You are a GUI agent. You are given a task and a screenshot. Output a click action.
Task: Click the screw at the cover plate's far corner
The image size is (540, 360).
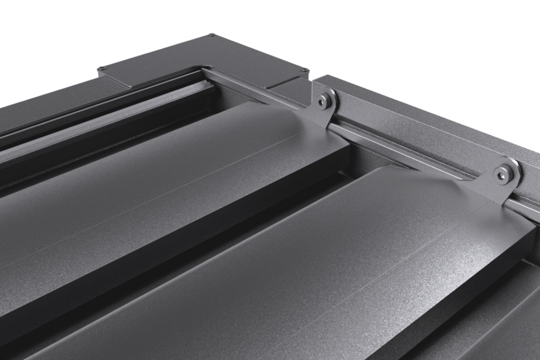pyautogui.click(x=212, y=34)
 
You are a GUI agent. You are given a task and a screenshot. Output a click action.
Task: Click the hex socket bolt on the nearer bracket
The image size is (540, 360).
pyautogui.click(x=502, y=173)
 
